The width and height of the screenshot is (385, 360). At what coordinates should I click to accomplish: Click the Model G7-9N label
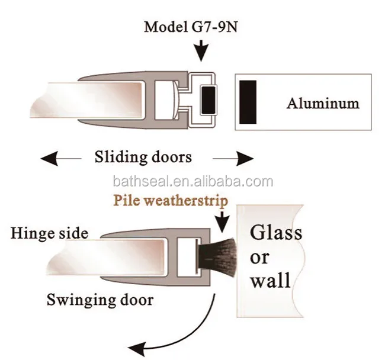click(191, 27)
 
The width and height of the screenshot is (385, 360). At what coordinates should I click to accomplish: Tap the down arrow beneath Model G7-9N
click(201, 51)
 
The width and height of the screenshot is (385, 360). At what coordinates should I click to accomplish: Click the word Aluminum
click(323, 103)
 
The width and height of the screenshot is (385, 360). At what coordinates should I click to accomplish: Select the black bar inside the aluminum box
click(248, 102)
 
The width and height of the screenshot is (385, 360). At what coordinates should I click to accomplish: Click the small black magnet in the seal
click(208, 100)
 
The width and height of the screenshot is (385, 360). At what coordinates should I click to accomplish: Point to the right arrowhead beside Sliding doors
click(245, 159)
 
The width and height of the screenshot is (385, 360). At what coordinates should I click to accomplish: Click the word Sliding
click(121, 157)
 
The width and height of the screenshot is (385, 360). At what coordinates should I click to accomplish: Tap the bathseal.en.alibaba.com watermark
click(193, 182)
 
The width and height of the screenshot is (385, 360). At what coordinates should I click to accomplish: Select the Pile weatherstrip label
click(171, 201)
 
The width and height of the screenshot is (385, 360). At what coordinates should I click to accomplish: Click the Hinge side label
click(49, 233)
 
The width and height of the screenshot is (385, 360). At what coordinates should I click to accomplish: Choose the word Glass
click(276, 232)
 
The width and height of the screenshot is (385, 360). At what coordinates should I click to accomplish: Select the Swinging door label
click(100, 300)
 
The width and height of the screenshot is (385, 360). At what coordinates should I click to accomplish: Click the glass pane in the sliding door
click(86, 100)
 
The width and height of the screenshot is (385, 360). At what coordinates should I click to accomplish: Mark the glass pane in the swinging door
click(105, 257)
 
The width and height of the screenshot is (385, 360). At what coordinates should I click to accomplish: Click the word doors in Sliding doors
click(172, 157)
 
